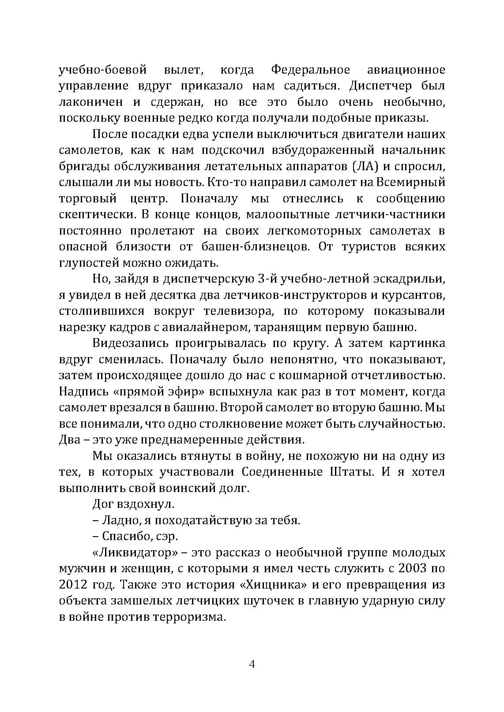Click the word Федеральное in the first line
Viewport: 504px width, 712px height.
[310, 70]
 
